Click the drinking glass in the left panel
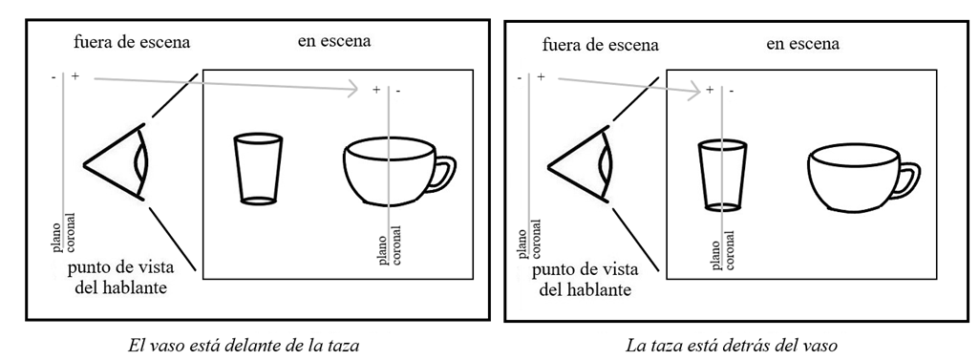pyautogui.click(x=258, y=169)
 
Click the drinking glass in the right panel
pyautogui.click(x=721, y=175)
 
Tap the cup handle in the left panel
pyautogui.click(x=443, y=175)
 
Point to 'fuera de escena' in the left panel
pyautogui.click(x=133, y=43)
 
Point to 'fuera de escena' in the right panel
pyautogui.click(x=599, y=45)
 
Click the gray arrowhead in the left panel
pyautogui.click(x=353, y=90)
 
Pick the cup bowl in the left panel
pyautogui.click(x=387, y=172)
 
